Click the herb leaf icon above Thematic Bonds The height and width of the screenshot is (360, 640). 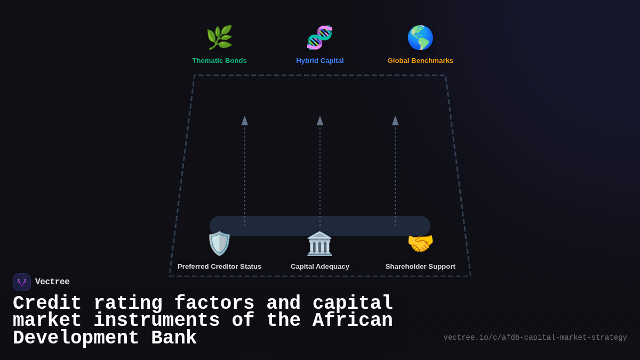pyautogui.click(x=219, y=37)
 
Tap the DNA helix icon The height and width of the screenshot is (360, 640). pyautogui.click(x=320, y=37)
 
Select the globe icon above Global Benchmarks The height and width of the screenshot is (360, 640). pyautogui.click(x=420, y=37)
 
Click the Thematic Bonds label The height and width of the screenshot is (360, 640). pyautogui.click(x=219, y=61)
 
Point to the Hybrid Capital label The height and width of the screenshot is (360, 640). pyautogui.click(x=320, y=61)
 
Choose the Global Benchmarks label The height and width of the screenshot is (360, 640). pyautogui.click(x=420, y=61)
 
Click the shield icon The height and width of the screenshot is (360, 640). pyautogui.click(x=219, y=244)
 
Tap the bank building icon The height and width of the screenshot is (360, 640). pyautogui.click(x=320, y=244)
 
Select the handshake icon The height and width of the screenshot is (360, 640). pyautogui.click(x=420, y=244)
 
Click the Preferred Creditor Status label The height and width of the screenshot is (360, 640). pyautogui.click(x=219, y=267)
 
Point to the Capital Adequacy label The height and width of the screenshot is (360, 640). pyautogui.click(x=320, y=267)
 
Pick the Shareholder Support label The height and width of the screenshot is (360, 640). pyautogui.click(x=420, y=267)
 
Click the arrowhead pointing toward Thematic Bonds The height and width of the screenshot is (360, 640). pyautogui.click(x=245, y=121)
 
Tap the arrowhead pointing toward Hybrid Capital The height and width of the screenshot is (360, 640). pyautogui.click(x=320, y=121)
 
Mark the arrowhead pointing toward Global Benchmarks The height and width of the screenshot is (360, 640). pyautogui.click(x=395, y=121)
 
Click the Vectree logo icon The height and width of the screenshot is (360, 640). pyautogui.click(x=22, y=282)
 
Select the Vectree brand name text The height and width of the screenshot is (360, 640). pyautogui.click(x=52, y=282)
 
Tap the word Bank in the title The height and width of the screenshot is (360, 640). pyautogui.click(x=174, y=338)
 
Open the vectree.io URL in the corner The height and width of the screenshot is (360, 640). pyautogui.click(x=535, y=338)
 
